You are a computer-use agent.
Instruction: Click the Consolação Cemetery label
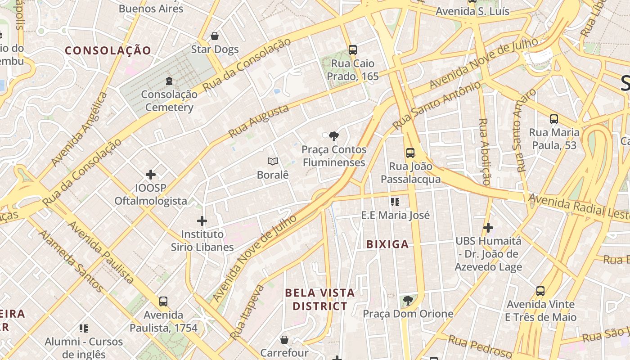point(169,101)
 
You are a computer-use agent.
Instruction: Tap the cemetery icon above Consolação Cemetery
point(169,81)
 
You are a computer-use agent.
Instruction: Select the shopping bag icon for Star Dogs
point(215,36)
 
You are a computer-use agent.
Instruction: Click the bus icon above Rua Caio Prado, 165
point(352,50)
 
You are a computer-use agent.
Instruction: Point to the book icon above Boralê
point(272,161)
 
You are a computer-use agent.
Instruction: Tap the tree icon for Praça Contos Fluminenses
point(333,135)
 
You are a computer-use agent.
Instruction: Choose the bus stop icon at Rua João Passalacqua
point(410,153)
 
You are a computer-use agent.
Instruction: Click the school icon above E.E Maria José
point(395,202)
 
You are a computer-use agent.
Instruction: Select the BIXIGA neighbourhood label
point(387,244)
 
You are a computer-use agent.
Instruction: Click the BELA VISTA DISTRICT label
point(319,300)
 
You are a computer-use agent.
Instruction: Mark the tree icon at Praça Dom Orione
point(408,300)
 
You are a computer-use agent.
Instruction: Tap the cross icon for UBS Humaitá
point(488,228)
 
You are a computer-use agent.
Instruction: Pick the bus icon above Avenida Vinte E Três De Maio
point(540,291)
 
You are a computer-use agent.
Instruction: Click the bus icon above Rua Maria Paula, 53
point(553,119)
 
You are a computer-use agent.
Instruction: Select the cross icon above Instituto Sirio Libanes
point(202,221)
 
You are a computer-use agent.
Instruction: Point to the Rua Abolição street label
point(485,152)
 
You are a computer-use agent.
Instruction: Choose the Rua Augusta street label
point(258,121)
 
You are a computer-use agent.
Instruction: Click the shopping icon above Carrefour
point(284,339)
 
